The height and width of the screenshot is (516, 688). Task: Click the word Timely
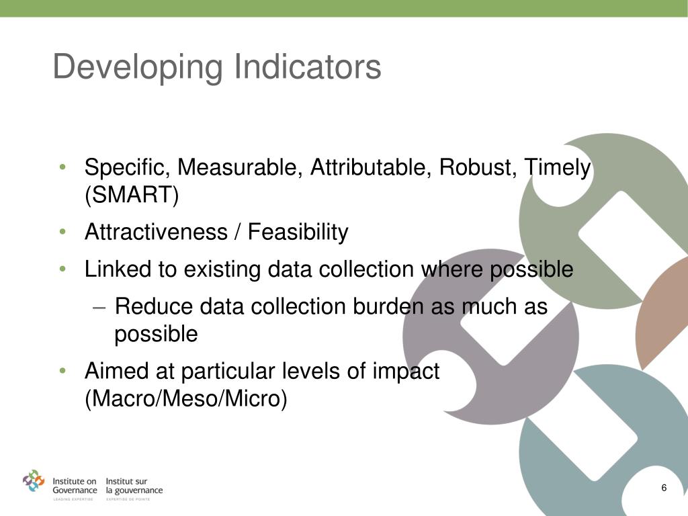[557, 168]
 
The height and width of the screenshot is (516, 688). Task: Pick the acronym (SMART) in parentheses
[132, 196]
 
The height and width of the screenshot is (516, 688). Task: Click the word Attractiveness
[156, 232]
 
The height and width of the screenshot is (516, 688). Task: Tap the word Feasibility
[298, 232]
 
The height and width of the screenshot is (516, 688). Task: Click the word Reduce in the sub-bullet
[150, 306]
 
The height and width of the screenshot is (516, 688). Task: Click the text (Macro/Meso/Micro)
[186, 399]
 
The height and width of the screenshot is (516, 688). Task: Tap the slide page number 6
[664, 488]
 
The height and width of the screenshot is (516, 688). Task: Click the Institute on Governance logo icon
[34, 481]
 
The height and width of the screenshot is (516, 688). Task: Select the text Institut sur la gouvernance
[134, 486]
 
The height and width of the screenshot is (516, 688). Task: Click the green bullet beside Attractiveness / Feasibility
[62, 232]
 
